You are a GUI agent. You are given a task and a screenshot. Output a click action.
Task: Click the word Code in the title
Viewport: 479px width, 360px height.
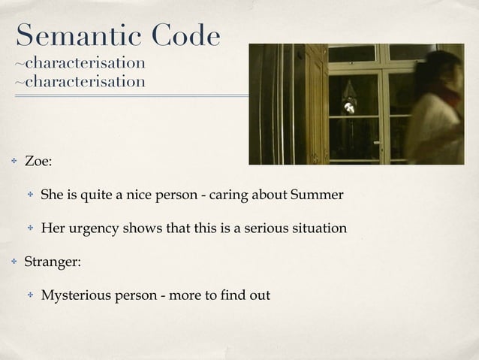186,35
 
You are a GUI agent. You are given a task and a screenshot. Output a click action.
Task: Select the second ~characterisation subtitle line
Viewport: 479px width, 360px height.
80,81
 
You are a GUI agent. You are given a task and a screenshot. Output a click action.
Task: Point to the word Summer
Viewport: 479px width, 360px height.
318,195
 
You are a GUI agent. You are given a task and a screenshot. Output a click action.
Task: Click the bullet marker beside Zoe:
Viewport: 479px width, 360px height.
13,161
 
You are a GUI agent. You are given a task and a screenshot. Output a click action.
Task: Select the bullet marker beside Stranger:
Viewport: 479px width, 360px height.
13,262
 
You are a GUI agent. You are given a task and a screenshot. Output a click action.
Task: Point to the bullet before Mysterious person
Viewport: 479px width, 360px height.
30,295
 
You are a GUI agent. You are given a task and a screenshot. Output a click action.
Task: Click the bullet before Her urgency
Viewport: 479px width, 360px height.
30,228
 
